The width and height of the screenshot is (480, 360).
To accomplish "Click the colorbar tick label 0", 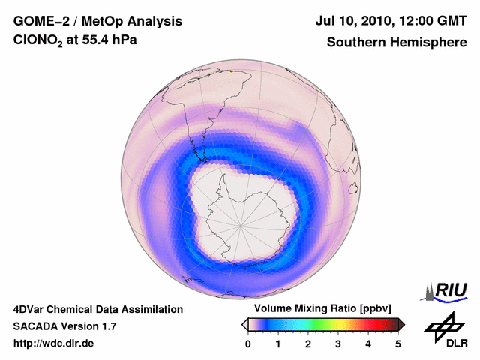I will [x=248, y=343].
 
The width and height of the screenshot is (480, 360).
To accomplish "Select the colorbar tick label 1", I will [x=278, y=343].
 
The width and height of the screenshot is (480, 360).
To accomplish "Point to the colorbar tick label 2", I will [x=308, y=343].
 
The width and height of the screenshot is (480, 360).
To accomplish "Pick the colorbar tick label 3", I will [x=338, y=343].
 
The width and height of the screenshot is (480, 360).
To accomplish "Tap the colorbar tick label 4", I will [x=368, y=343].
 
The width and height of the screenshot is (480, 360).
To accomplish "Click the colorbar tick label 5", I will [x=398, y=343].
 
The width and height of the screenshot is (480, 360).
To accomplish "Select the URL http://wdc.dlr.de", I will [x=54, y=343].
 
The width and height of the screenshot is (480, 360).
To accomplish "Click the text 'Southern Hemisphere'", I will [x=397, y=43].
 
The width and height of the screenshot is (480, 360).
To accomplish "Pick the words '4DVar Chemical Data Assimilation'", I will [x=97, y=309].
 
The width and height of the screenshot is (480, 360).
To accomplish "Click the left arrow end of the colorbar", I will [x=244, y=324].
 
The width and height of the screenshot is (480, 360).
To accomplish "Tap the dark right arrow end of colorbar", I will [x=401, y=324].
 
